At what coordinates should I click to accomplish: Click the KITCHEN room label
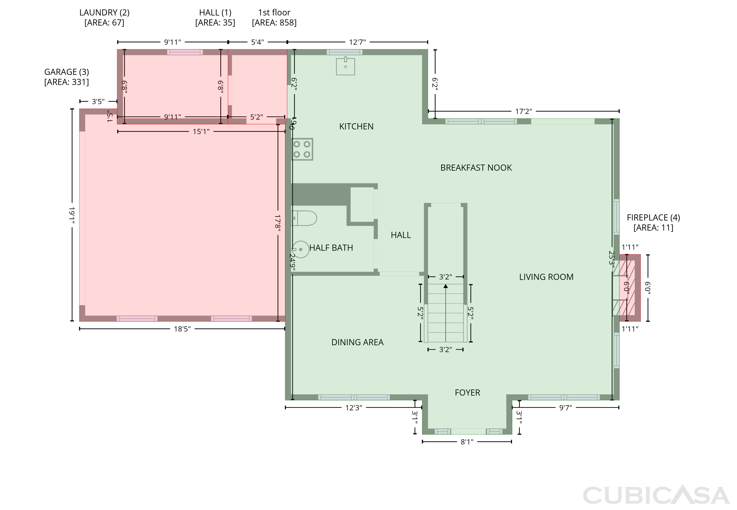pyautogui.click(x=356, y=126)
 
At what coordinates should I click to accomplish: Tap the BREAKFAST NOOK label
pyautogui.click(x=476, y=168)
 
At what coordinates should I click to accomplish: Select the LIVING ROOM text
pyautogui.click(x=546, y=277)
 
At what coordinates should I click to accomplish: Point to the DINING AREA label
pyautogui.click(x=357, y=342)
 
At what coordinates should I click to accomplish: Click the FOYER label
pyautogui.click(x=468, y=392)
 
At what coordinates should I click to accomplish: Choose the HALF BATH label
pyautogui.click(x=331, y=248)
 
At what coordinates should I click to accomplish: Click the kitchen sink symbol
pyautogui.click(x=345, y=66)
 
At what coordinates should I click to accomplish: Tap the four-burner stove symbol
pyautogui.click(x=302, y=149)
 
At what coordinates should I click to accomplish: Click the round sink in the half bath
pyautogui.click(x=300, y=249)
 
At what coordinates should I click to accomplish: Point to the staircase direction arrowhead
pyautogui.click(x=446, y=286)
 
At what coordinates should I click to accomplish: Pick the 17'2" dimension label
pyautogui.click(x=524, y=111)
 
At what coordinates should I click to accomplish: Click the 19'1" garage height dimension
pyautogui.click(x=72, y=215)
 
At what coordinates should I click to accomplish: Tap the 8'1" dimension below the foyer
pyautogui.click(x=467, y=442)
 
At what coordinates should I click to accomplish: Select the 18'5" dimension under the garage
pyautogui.click(x=182, y=329)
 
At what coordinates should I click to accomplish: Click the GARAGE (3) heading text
pyautogui.click(x=67, y=72)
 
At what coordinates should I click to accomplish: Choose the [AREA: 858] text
pyautogui.click(x=274, y=23)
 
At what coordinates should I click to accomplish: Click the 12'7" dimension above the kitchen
pyautogui.click(x=357, y=42)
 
